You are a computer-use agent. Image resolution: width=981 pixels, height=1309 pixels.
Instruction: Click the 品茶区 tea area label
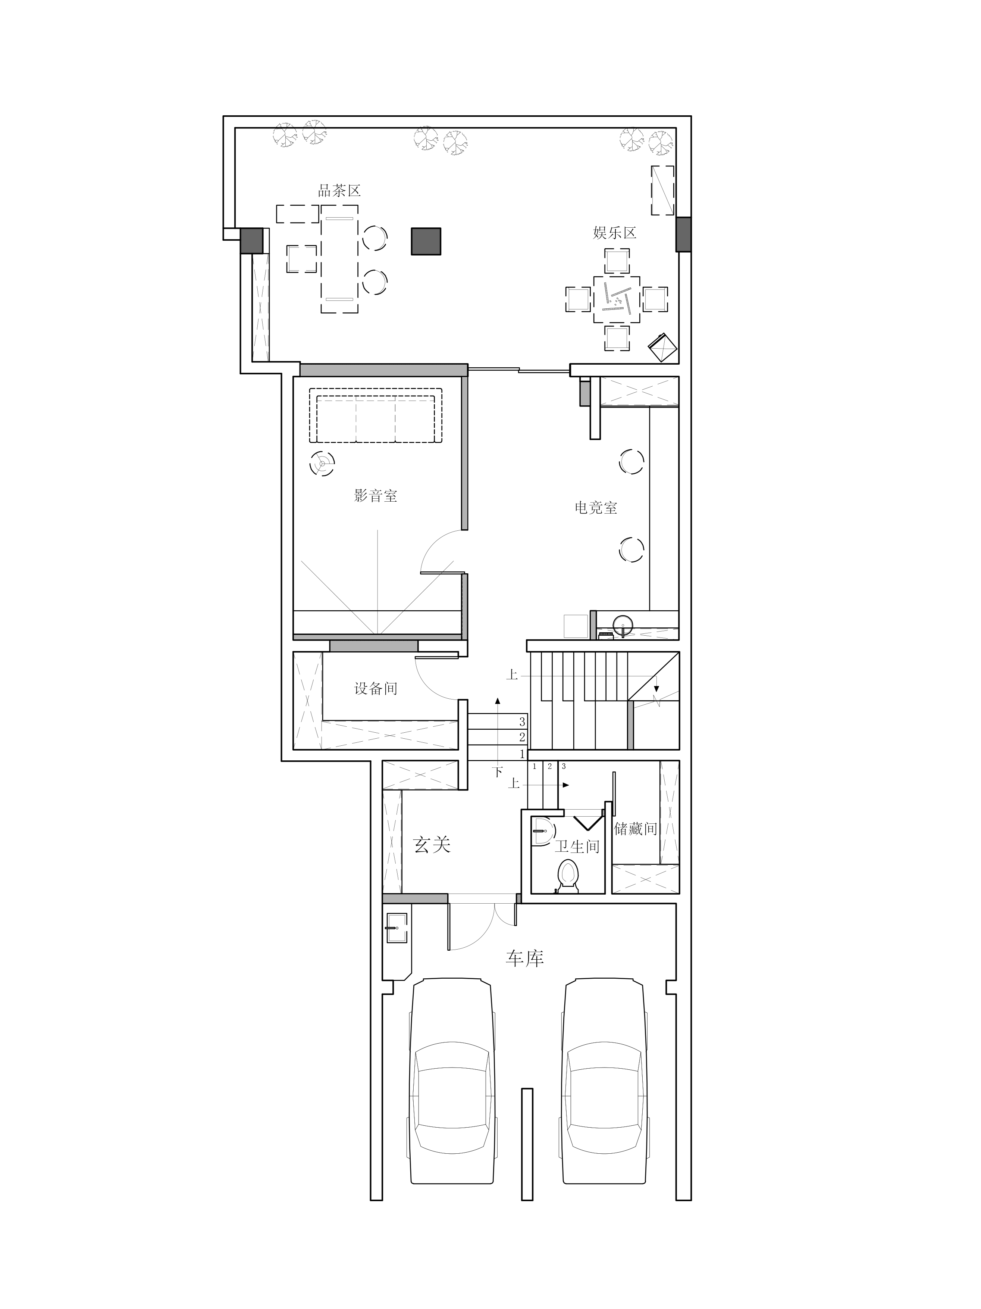(339, 191)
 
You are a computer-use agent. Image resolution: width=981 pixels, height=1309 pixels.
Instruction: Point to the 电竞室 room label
(596, 507)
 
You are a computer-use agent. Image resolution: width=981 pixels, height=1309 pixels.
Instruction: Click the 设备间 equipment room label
(376, 688)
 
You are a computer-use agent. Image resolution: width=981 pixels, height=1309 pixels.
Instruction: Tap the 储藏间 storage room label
(636, 829)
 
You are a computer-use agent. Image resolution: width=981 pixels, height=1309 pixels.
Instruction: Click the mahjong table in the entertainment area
(617, 299)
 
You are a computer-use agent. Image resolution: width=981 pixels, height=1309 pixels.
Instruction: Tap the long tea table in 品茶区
(339, 259)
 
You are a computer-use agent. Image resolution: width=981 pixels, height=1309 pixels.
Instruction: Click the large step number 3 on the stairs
(522, 722)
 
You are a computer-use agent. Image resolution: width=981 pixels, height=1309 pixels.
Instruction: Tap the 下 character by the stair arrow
(498, 772)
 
